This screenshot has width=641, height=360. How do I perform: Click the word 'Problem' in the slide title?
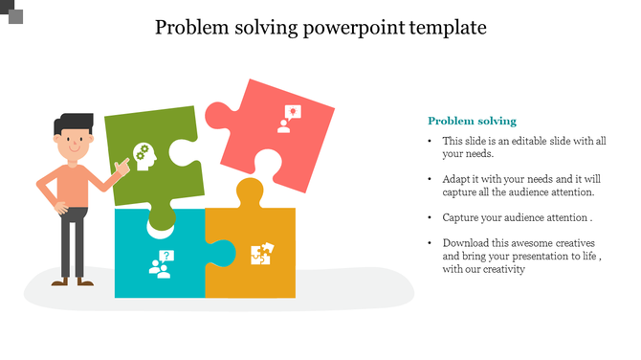[195, 27]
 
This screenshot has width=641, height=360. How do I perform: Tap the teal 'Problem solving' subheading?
[472, 121]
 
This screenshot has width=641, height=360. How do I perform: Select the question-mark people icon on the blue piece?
[160, 263]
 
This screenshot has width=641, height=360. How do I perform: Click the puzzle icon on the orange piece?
[261, 254]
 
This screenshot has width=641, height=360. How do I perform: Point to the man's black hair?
[74, 124]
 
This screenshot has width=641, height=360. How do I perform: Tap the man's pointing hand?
[122, 169]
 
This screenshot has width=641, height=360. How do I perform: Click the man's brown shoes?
[71, 281]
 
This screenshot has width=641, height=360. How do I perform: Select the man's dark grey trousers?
[73, 244]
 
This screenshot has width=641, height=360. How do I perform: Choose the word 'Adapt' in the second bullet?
[457, 179]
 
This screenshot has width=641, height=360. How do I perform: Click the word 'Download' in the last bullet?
[466, 243]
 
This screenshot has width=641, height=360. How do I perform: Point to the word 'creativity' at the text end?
[502, 269]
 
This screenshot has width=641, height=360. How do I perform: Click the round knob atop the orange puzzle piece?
[250, 191]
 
